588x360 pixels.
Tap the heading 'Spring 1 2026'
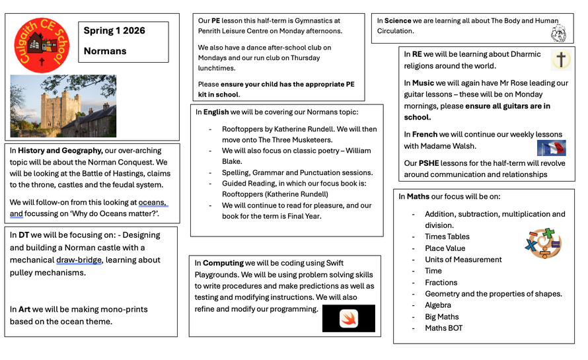click(114, 31)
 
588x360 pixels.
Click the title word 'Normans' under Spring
click(104, 51)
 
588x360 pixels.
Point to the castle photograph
click(63, 106)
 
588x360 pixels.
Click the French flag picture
click(551, 148)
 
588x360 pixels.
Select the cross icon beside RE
click(560, 60)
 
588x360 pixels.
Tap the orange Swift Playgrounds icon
click(349, 318)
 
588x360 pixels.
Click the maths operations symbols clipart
click(542, 243)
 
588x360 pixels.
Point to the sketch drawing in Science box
click(558, 33)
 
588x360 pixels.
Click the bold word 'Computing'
click(223, 263)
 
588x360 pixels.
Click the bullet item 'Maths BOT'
click(443, 328)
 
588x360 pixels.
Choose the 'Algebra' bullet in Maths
click(438, 305)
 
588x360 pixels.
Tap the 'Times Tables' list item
click(447, 236)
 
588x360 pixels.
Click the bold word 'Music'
click(423, 83)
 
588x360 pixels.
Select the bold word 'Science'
click(398, 21)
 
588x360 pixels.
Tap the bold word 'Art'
click(24, 309)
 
